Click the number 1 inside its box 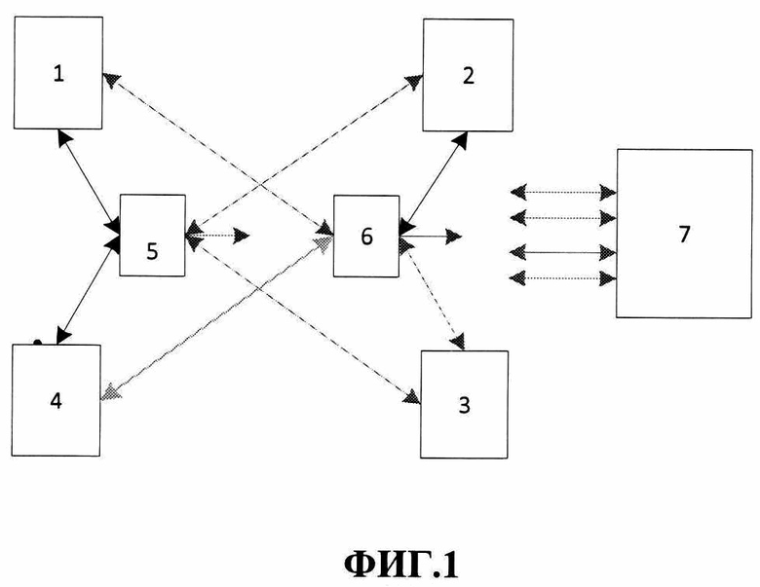pos(58,74)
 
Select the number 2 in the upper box pos(469,76)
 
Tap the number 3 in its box pos(465,405)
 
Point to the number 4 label pos(56,401)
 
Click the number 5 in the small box pos(152,251)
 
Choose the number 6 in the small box pos(367,237)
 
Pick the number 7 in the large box pos(684,234)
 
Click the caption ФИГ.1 pos(400,564)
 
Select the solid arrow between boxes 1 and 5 pos(89,181)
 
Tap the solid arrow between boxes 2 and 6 pos(433,183)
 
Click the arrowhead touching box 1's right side pos(109,81)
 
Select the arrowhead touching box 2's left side pos(414,82)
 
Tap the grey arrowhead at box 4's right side pos(109,391)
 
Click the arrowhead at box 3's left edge pos(412,396)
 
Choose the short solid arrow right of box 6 pos(431,237)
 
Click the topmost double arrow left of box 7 pos(563,193)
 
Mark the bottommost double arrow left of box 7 pos(563,278)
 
